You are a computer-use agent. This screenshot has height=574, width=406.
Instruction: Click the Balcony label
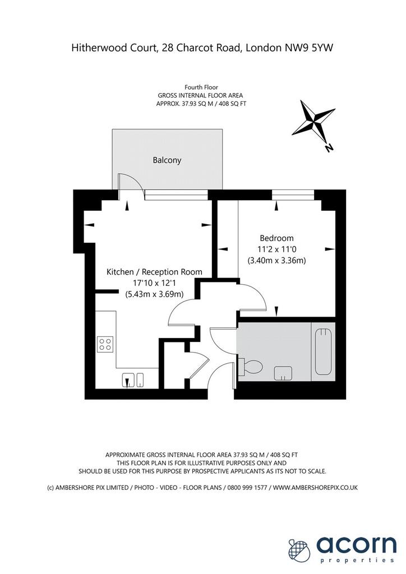tap(167, 160)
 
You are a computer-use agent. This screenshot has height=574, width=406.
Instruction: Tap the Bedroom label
tap(276, 238)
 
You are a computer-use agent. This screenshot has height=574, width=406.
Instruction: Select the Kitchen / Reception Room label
tap(154, 272)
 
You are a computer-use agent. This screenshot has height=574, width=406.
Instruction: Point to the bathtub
tap(323, 352)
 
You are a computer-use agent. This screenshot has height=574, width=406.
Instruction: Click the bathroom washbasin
tap(283, 373)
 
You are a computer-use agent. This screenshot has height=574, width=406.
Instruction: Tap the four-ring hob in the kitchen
tap(105, 345)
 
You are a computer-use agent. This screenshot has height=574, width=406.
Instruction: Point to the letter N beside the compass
tap(329, 148)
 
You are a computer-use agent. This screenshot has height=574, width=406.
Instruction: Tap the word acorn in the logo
tap(356, 545)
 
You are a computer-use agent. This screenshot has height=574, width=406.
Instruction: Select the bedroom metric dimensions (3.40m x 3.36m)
tap(276, 261)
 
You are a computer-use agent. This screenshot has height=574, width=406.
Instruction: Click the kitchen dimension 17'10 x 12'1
tap(154, 283)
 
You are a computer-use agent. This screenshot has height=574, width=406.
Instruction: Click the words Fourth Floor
tap(201, 87)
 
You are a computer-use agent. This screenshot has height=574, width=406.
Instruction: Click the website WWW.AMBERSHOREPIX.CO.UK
tap(315, 488)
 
